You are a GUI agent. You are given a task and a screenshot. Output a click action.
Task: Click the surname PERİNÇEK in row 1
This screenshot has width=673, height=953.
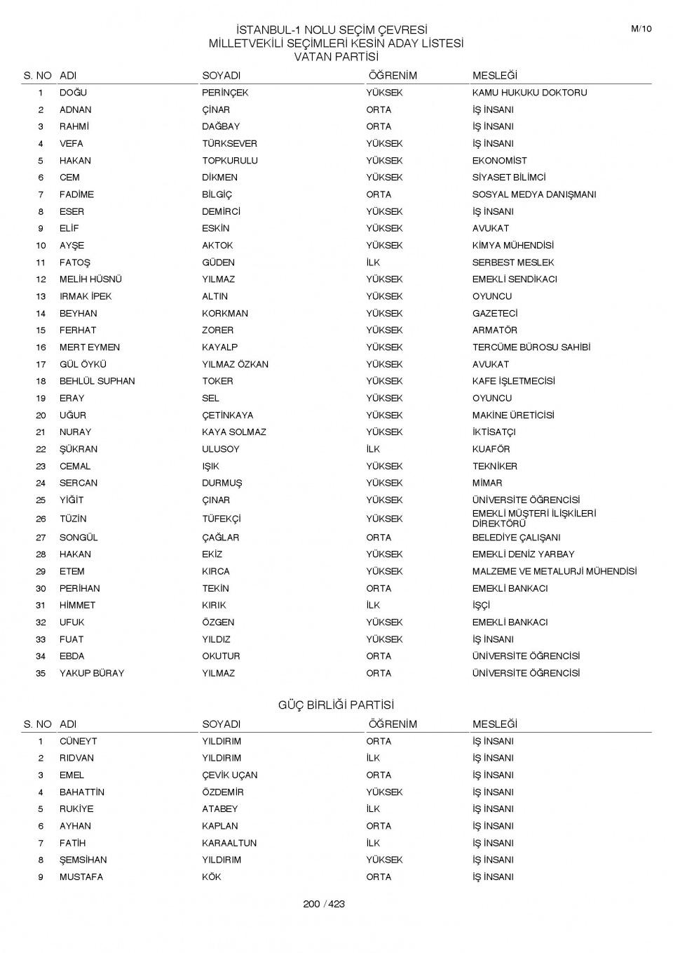tap(225, 93)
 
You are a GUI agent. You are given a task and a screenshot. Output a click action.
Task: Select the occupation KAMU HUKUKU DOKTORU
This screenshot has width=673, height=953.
tap(529, 93)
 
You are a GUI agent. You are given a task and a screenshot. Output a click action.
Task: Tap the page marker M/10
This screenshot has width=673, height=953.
tap(641, 29)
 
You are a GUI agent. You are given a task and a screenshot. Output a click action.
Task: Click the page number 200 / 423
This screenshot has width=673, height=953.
tap(324, 904)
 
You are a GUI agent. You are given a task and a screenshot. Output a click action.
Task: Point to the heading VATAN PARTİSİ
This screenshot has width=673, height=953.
tap(336, 57)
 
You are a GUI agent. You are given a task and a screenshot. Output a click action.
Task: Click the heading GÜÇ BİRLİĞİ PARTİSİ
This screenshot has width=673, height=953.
tap(336, 705)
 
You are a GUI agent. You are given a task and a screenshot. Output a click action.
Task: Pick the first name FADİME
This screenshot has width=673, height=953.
tap(76, 194)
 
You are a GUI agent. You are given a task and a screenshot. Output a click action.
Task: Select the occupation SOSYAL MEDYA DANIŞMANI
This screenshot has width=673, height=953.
tap(533, 194)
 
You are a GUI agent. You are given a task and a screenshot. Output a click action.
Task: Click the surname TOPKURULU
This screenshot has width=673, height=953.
tap(230, 161)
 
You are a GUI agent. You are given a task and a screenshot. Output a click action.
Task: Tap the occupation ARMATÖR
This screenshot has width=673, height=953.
tap(494, 331)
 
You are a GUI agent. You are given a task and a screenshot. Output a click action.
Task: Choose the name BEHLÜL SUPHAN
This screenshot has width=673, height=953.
tap(97, 381)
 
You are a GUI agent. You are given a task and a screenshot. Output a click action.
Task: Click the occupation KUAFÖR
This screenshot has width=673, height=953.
tap(491, 449)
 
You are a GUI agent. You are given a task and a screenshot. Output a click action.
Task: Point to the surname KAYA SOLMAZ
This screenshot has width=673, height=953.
tap(234, 432)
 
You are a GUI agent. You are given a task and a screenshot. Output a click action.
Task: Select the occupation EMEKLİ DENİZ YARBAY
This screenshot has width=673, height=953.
tap(523, 554)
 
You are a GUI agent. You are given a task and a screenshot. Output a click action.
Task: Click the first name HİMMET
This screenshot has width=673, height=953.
tap(77, 605)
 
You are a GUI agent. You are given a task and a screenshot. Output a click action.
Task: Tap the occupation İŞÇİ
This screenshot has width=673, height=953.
tap(481, 605)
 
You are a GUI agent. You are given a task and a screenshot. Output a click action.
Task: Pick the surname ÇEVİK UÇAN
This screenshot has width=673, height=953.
tap(230, 775)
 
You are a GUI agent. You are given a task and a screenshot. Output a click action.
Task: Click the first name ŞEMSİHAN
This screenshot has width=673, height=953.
tap(83, 860)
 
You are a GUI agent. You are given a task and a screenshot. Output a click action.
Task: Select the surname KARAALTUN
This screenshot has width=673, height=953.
tap(229, 843)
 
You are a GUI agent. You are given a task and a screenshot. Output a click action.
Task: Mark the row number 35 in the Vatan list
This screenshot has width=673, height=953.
tap(41, 673)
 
